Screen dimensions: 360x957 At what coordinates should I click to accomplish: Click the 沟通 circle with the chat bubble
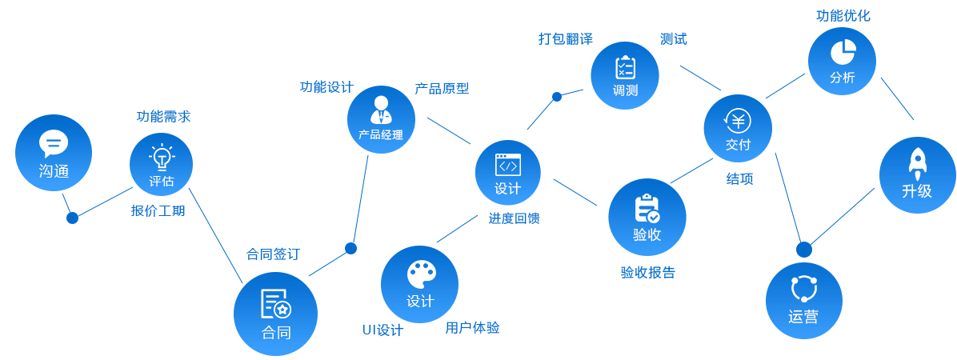[x=54, y=153]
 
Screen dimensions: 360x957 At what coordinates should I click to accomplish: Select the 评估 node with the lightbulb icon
[x=161, y=164]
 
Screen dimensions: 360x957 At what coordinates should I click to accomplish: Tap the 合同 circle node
[x=275, y=313]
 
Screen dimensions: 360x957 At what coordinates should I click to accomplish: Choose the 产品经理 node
[x=381, y=119]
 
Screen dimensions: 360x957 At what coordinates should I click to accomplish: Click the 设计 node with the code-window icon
[x=507, y=173]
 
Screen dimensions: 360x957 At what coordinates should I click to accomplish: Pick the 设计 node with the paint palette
[x=419, y=284]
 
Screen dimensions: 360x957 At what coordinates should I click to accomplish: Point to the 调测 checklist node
[x=625, y=75]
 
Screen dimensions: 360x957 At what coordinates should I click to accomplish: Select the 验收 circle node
[x=647, y=217]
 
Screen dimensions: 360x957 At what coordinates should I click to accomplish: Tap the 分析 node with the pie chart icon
[x=842, y=61]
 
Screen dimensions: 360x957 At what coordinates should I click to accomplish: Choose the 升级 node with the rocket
[x=917, y=174]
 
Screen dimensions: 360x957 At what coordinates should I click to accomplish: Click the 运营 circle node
[x=803, y=300]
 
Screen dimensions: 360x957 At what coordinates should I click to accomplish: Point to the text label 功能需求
[x=163, y=117]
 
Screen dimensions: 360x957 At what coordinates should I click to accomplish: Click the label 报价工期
[x=158, y=211]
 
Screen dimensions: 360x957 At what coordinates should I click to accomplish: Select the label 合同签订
[x=272, y=254]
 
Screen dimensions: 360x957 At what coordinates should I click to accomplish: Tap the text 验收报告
[x=647, y=272]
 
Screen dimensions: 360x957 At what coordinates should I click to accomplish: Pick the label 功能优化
[x=843, y=16]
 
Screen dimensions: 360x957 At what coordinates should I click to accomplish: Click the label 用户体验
[x=472, y=327]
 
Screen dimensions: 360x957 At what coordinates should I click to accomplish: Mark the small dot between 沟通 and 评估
[x=72, y=218]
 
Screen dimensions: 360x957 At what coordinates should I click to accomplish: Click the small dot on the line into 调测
[x=557, y=97]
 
